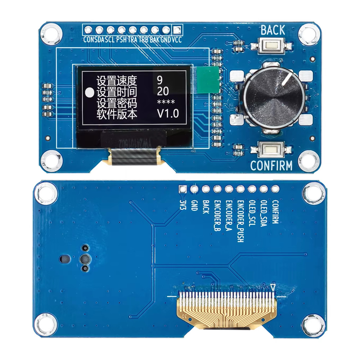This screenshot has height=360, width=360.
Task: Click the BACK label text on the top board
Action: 273,31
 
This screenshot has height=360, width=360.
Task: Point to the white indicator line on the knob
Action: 288,80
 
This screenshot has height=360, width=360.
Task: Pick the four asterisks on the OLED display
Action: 166,103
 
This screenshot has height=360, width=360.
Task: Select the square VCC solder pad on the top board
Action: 177,30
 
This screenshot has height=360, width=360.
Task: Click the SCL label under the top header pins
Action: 110,40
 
